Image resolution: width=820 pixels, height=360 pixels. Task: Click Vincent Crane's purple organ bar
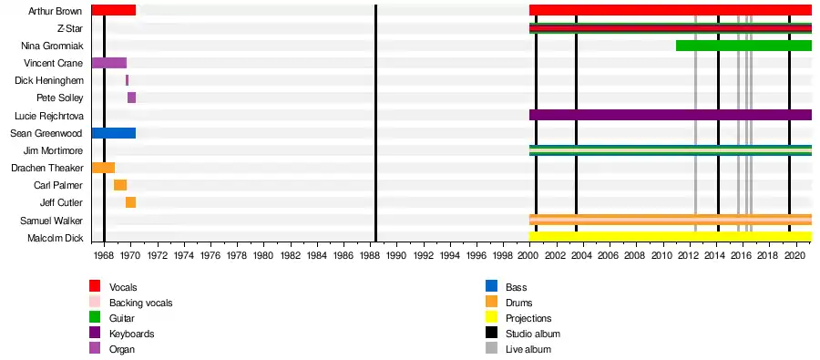(109, 63)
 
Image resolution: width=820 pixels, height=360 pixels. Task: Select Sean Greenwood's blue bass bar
(114, 133)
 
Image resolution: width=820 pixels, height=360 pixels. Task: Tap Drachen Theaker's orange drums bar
(103, 168)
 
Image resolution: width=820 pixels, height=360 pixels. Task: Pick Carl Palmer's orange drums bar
(120, 185)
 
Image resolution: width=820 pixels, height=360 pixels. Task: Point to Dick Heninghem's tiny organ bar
(127, 80)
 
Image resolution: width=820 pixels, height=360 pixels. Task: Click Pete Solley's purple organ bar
(132, 98)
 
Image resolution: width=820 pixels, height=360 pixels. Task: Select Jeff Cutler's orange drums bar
(130, 202)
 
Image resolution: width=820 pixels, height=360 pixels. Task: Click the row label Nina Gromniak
(52, 46)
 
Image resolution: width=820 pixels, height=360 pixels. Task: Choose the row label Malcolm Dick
(55, 238)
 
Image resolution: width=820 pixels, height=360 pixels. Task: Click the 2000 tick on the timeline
(529, 243)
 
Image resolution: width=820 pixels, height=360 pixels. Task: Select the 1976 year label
(210, 256)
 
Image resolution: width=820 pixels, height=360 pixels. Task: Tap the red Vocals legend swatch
(95, 286)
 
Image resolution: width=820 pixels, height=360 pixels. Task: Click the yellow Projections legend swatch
(491, 317)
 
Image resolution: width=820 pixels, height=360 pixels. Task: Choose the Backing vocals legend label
(140, 303)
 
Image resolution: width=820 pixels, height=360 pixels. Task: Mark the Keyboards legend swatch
(95, 334)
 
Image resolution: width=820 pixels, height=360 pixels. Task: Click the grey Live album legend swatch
(491, 348)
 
